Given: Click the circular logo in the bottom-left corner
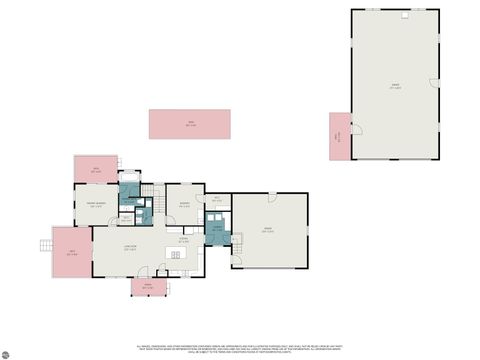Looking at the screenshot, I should click(x=6, y=354).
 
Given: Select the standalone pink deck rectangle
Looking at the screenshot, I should click(x=189, y=124).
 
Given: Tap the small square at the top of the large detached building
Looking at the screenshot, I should click(x=405, y=15).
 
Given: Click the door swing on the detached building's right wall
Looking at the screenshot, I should click(x=434, y=83).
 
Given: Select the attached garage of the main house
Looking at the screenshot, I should click(x=269, y=230).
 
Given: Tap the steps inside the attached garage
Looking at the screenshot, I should click(x=237, y=239).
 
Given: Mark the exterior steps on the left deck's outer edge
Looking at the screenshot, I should click(x=44, y=245).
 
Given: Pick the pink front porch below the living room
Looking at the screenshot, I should click(x=147, y=287).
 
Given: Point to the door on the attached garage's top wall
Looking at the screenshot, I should click(x=270, y=192).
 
